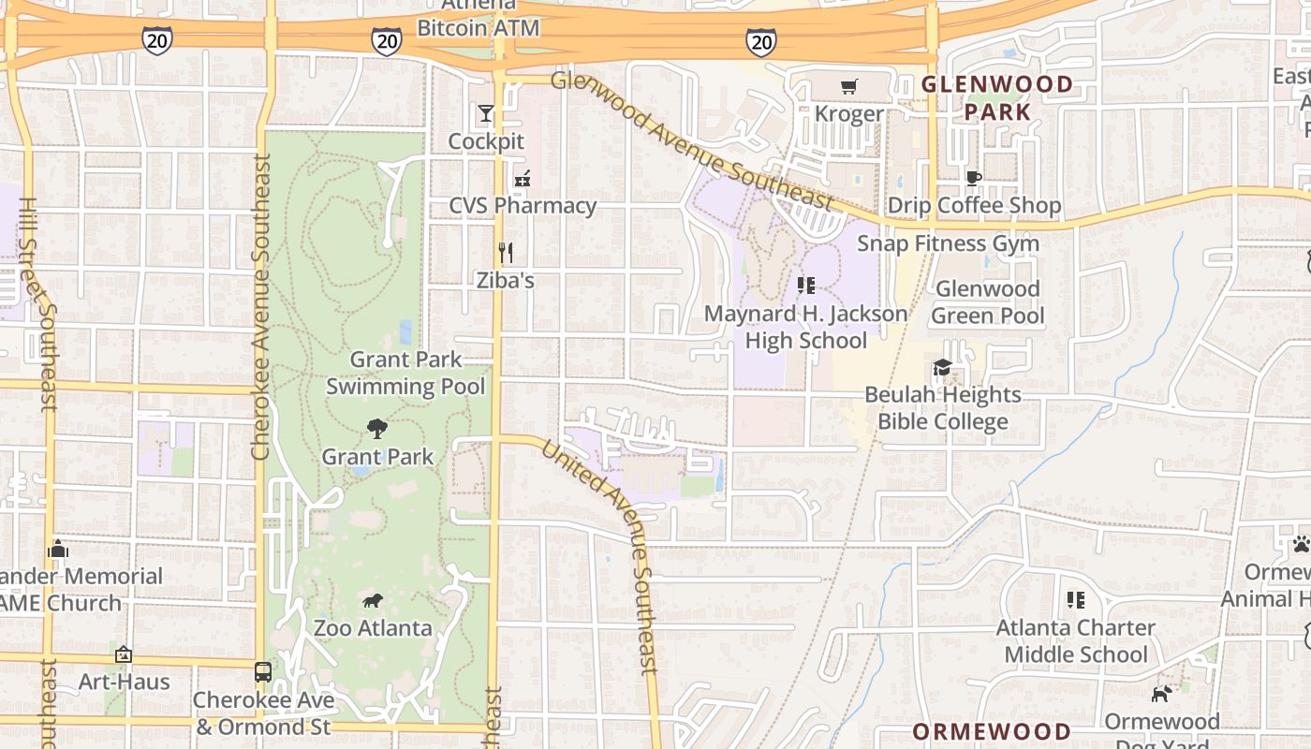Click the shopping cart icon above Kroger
pos(849,87)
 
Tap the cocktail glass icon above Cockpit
pos(485,114)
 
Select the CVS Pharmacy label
pos(523,206)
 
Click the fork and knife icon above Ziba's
pos(506,252)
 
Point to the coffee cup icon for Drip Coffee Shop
pos(974,178)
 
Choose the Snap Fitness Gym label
pos(949,243)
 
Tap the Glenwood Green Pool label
pos(988,302)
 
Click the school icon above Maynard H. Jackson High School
pos(805,286)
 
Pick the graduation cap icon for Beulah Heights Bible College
pos(942,367)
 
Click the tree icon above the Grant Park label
pos(377,429)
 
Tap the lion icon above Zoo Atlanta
pos(372,600)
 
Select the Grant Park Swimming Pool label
pos(405,373)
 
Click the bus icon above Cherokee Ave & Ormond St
pos(263,671)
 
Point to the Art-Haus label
pos(124,682)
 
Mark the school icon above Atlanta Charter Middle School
pos(1075,599)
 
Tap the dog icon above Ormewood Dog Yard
pos(1161,694)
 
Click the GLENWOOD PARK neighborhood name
pos(997,98)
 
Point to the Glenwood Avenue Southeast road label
pos(692,140)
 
